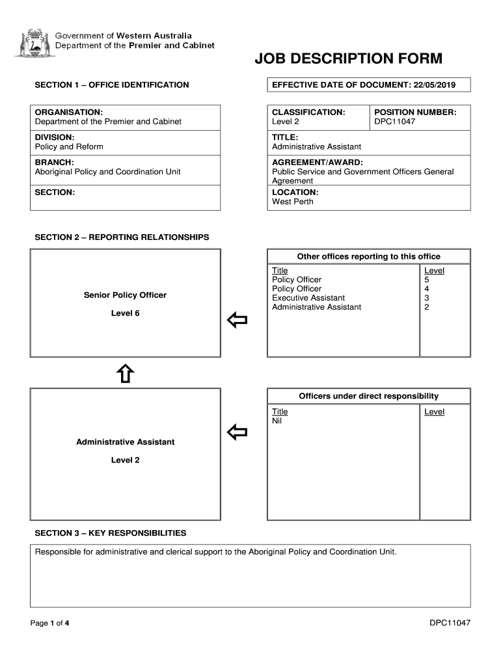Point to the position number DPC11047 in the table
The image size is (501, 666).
point(394,122)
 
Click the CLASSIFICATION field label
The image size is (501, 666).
point(308,113)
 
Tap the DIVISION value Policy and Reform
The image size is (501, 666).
point(69,146)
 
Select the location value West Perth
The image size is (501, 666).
point(293,202)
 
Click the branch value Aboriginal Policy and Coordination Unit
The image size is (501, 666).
point(107,172)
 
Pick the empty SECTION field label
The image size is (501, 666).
point(55,193)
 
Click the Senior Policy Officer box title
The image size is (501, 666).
point(125,295)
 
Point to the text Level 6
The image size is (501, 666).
point(125,313)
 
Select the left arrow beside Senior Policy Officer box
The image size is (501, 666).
point(237,319)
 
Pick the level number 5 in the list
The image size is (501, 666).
point(427,280)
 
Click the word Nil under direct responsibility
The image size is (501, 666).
point(277,421)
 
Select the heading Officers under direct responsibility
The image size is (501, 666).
point(368,396)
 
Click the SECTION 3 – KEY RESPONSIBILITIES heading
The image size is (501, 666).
point(110,533)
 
